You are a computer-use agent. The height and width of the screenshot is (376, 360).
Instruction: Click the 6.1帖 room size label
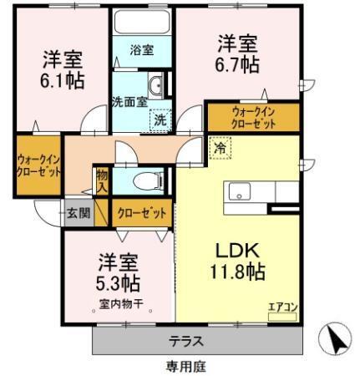[62, 80]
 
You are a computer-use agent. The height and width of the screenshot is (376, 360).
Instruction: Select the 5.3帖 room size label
[116, 281]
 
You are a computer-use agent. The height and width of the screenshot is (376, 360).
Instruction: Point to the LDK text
[237, 250]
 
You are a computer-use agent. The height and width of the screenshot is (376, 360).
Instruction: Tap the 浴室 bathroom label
[142, 50]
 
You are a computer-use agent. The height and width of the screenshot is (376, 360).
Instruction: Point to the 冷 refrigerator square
[220, 146]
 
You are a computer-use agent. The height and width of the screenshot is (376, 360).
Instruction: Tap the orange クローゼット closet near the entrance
[141, 213]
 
